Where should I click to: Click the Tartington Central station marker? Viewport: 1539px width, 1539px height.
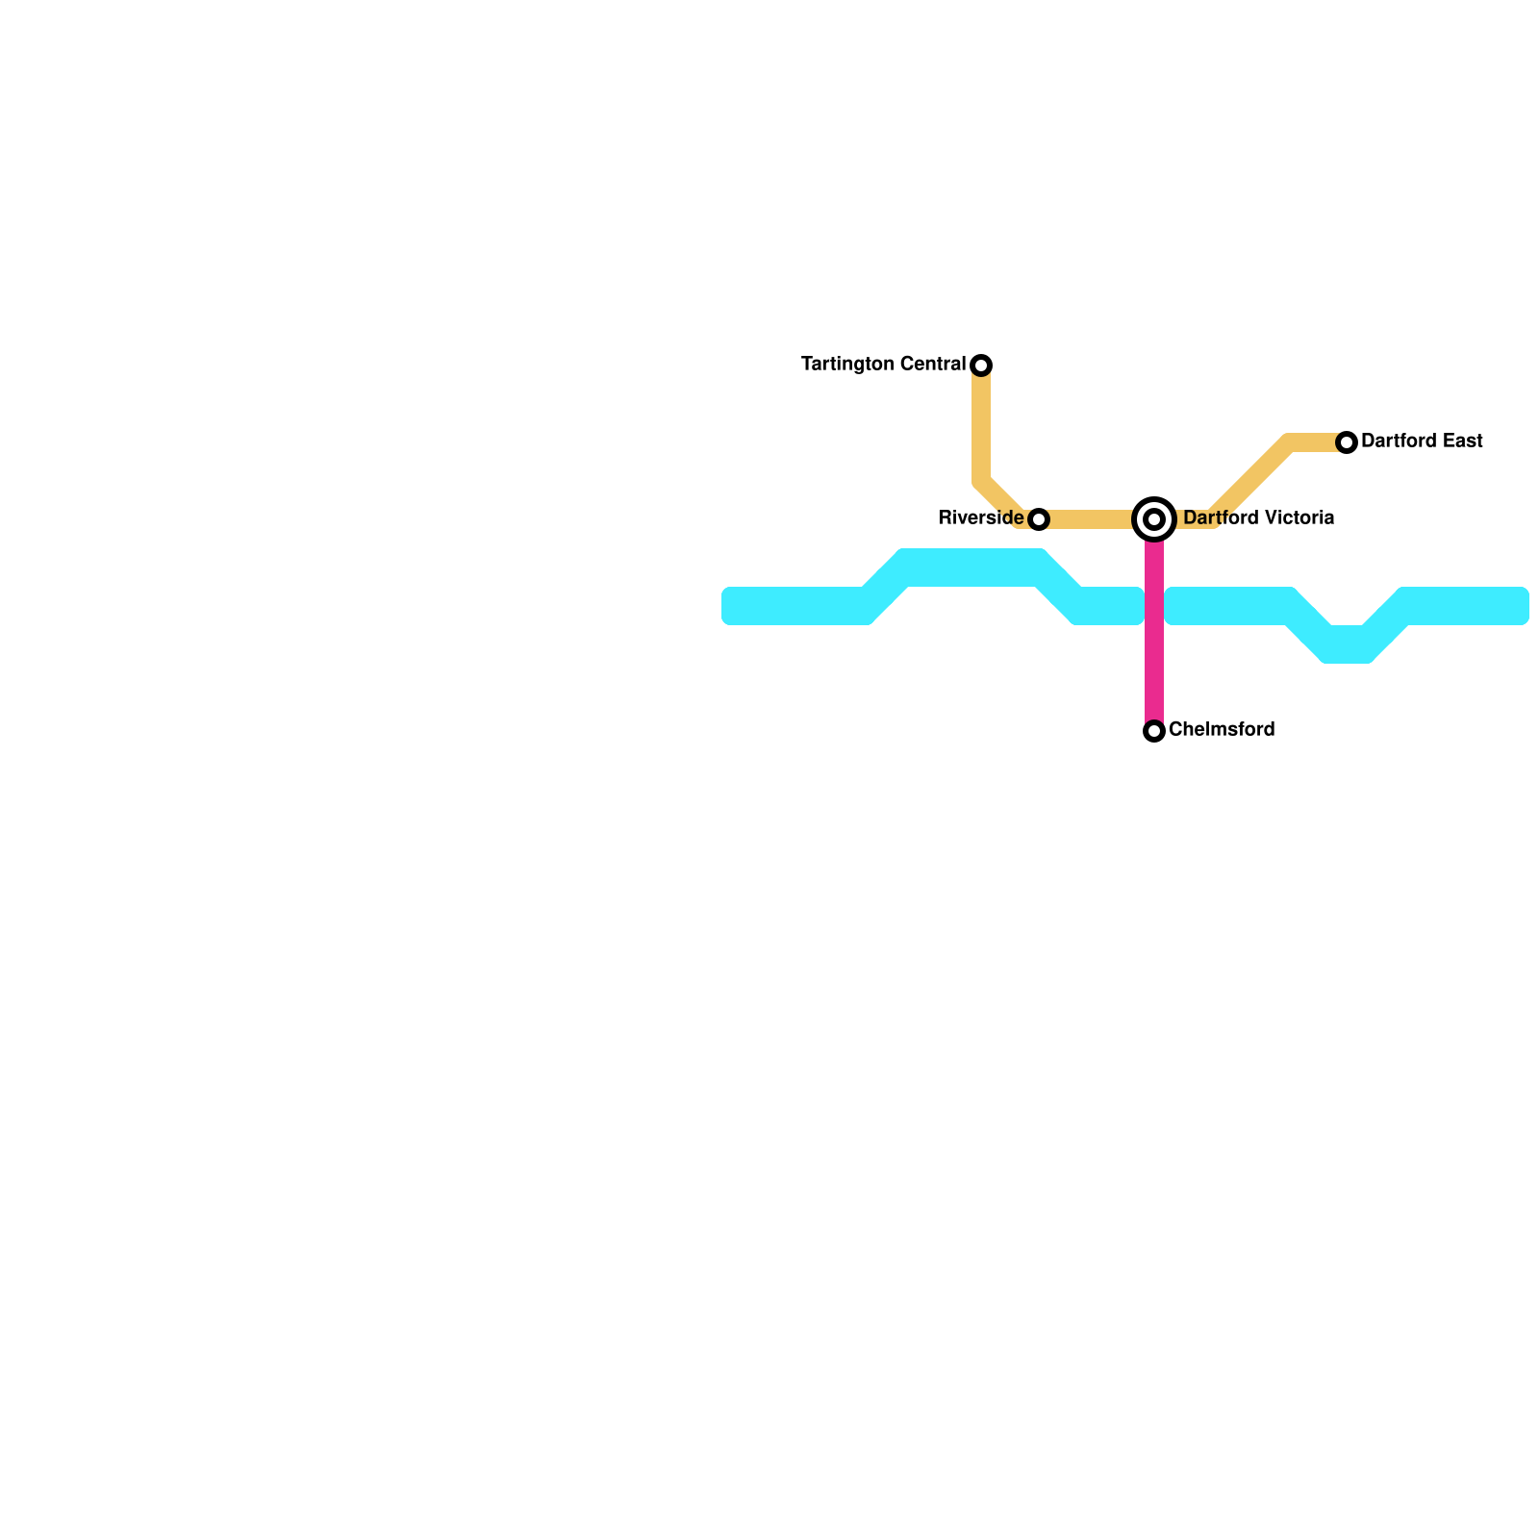(x=981, y=366)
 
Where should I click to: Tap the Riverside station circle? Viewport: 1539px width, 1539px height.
(x=1039, y=519)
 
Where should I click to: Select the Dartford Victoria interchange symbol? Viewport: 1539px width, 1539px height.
(x=1154, y=519)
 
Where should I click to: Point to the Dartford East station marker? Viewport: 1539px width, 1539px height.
(x=1347, y=442)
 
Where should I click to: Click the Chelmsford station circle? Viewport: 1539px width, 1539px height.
(x=1154, y=731)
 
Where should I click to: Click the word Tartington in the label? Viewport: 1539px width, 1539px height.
(x=848, y=365)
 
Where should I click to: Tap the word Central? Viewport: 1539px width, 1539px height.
(x=933, y=365)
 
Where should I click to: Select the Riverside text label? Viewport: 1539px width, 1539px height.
(x=980, y=518)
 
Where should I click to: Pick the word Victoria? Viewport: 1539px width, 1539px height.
(x=1299, y=518)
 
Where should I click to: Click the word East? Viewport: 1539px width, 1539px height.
(x=1462, y=442)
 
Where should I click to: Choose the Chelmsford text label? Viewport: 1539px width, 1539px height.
(x=1222, y=730)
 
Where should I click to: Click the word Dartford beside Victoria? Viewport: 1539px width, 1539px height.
(x=1220, y=518)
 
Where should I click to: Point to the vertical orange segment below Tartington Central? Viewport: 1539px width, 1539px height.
(x=981, y=423)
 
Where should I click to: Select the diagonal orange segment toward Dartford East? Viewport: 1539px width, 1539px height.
(x=1250, y=481)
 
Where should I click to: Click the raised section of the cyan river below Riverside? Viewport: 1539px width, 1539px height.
(x=971, y=568)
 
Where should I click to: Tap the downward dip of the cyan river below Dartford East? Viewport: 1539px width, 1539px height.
(x=1347, y=644)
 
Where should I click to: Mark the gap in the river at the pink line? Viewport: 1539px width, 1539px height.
(x=1154, y=606)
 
